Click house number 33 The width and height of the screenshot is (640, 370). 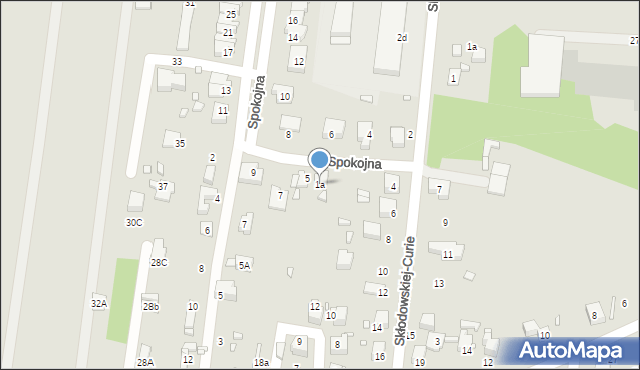pos(177,62)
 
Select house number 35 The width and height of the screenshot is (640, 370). pos(180,143)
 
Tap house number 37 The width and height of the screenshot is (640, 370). pos(163,186)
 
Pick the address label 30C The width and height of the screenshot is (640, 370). pos(133,222)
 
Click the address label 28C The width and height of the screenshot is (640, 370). pos(159,262)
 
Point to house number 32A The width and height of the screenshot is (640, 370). pos(99,302)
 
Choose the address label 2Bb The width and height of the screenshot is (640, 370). pos(150,307)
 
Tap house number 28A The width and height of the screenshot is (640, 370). pos(145,362)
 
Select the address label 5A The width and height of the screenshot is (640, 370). pos(244,265)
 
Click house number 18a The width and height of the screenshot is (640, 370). pos(261,362)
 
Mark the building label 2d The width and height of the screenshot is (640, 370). pos(402,38)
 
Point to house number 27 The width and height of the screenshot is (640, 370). pos(634,40)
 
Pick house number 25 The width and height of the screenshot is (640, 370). pos(231,14)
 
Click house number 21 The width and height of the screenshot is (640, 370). pos(228,33)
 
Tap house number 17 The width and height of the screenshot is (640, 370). pos(228,52)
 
